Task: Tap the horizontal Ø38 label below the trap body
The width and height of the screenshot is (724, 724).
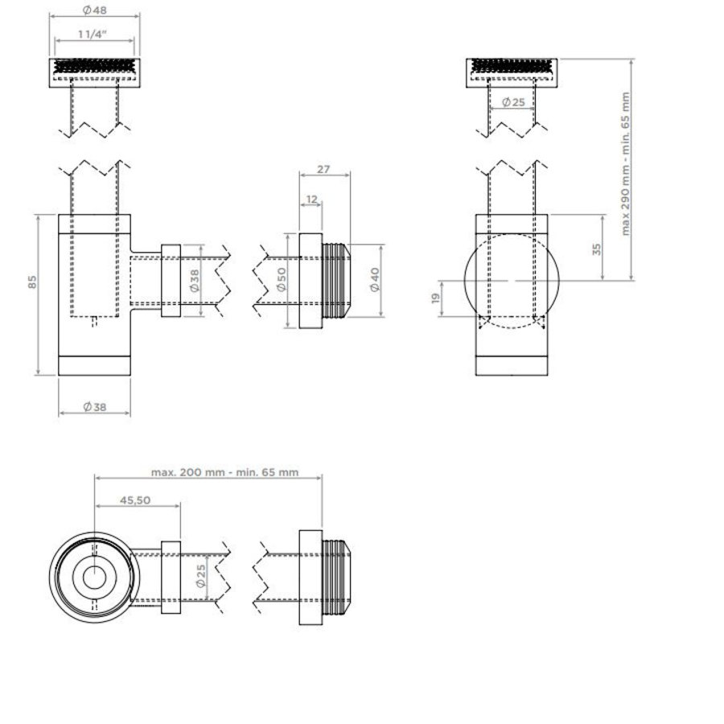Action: [94, 407]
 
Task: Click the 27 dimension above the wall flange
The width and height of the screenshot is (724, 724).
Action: [323, 170]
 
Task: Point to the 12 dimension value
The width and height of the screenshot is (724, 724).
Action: [311, 198]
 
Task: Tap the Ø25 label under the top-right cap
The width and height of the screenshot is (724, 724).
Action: [512, 102]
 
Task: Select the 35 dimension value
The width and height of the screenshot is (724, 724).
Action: [596, 248]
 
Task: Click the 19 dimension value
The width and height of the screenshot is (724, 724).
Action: [435, 298]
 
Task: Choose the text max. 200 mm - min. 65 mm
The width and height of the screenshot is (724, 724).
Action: [224, 472]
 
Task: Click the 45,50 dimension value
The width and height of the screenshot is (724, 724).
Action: [136, 500]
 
